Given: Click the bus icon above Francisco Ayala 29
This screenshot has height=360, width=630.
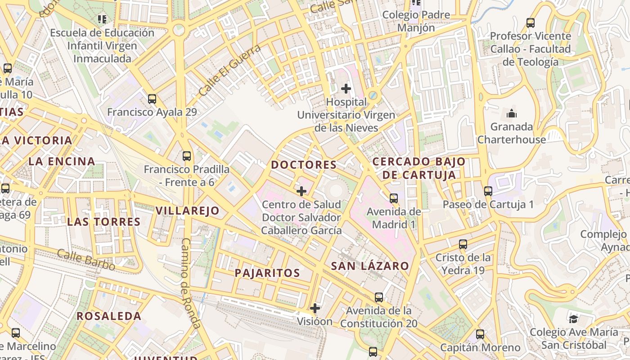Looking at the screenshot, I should (x=152, y=99).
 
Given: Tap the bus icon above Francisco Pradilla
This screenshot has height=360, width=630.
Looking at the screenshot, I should (x=187, y=156).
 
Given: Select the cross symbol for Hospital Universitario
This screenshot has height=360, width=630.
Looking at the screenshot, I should (x=346, y=89).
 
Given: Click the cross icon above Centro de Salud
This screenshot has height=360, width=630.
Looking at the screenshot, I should (x=301, y=191).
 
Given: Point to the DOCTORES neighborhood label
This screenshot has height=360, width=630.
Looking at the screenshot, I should (x=304, y=165).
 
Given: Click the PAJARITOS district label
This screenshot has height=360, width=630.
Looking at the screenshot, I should (x=267, y=273).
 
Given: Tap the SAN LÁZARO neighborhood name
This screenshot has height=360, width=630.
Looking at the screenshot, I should (x=370, y=266).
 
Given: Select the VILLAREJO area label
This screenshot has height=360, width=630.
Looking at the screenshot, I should (x=187, y=211).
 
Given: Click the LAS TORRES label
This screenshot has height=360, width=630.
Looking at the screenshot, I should (x=104, y=222).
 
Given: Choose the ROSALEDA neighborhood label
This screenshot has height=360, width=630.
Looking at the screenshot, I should (x=109, y=316).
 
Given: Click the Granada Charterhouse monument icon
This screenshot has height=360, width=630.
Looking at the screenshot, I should (x=512, y=113).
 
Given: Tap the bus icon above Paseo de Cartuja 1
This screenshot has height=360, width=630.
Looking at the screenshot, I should (x=488, y=191).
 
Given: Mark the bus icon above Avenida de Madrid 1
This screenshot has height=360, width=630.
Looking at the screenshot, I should (x=394, y=198).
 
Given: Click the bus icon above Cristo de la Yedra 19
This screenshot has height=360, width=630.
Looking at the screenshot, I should (x=463, y=244).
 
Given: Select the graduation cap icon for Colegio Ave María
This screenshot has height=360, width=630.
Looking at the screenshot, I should (x=573, y=319).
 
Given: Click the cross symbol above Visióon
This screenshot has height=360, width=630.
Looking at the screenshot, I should (x=315, y=308).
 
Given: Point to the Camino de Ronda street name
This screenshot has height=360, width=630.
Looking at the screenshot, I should (x=191, y=283).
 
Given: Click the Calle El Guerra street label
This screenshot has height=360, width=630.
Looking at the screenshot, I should (x=229, y=70).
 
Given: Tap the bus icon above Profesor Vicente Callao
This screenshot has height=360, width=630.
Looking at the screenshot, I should (x=531, y=23).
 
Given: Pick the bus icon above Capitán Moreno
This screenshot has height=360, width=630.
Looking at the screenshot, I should (x=480, y=334).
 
